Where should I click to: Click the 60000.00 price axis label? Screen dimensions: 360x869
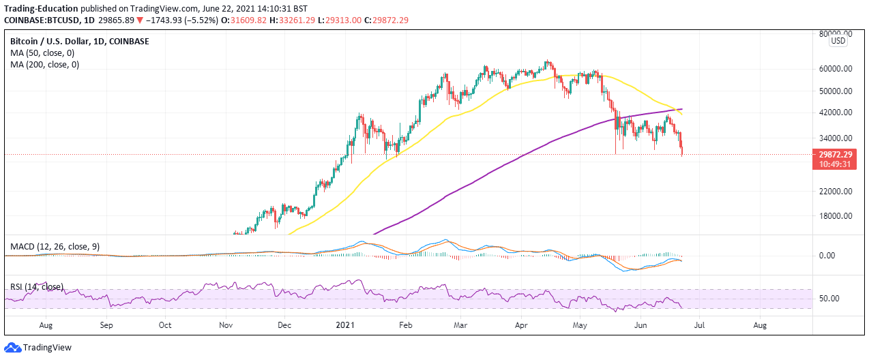[x=837, y=69]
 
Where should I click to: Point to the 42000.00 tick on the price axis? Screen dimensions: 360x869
[x=837, y=112]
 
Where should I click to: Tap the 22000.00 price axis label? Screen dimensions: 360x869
[x=837, y=192]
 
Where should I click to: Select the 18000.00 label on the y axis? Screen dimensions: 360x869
[x=837, y=216]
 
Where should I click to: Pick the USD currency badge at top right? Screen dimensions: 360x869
[x=838, y=41]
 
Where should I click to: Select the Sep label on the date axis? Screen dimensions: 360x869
[x=106, y=326]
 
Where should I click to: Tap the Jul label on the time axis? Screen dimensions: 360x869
[x=699, y=326]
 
